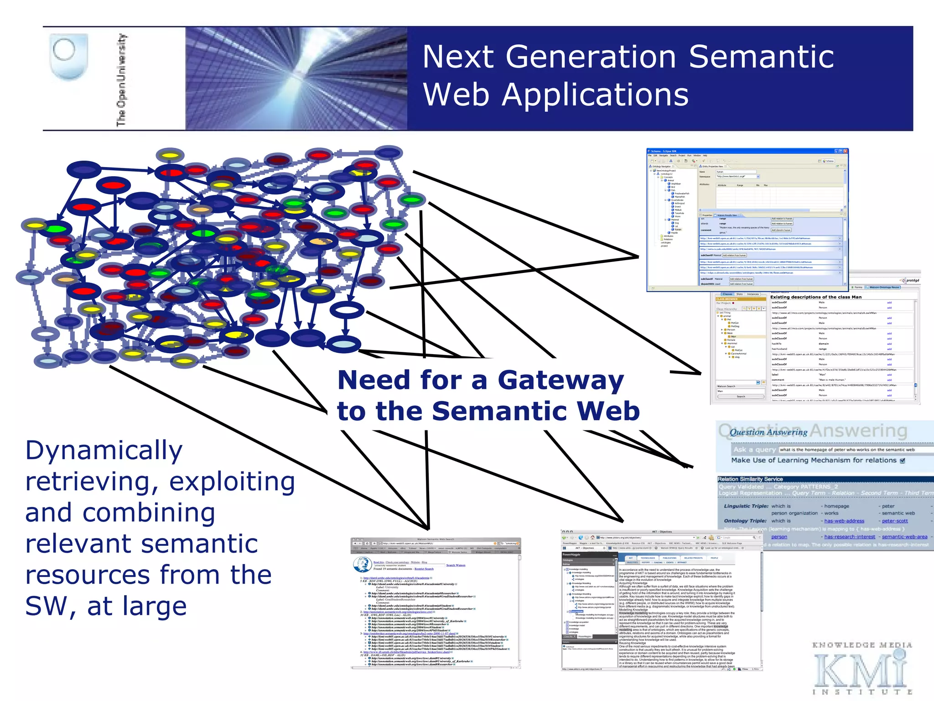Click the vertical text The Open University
[x=121, y=80]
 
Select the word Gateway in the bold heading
[x=560, y=380]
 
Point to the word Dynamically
[x=104, y=450]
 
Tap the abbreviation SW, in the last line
[x=51, y=606]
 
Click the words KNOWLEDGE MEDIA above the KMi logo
[x=862, y=645]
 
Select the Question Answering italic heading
[x=768, y=432]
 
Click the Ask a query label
[x=754, y=450]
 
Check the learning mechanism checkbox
[x=903, y=460]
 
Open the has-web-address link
[x=844, y=521]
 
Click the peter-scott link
[x=894, y=521]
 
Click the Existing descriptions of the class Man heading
[x=816, y=297]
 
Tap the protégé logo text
[x=912, y=280]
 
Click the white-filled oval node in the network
[x=347, y=310]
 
